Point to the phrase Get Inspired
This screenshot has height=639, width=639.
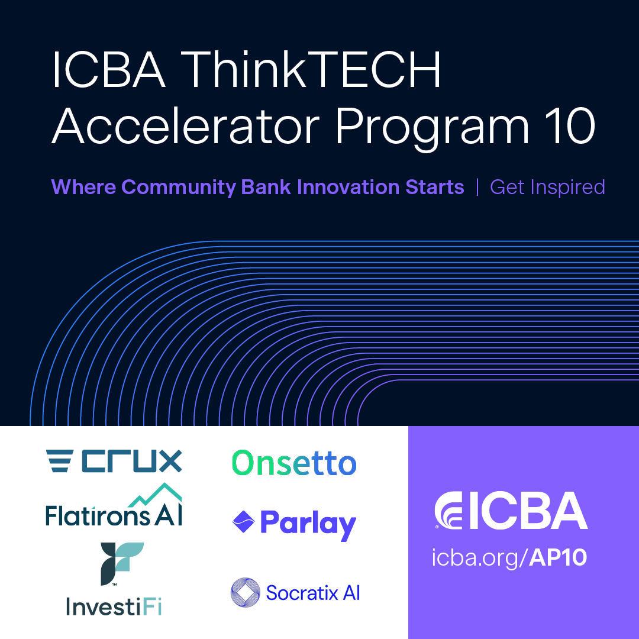[547, 187]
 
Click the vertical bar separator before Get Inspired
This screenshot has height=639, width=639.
[477, 187]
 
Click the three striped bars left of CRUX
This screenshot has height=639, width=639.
[60, 461]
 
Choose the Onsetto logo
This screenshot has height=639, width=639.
[294, 463]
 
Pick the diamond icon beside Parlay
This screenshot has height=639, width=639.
[243, 522]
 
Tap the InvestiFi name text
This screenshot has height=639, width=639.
[114, 607]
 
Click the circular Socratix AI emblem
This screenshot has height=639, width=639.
[245, 592]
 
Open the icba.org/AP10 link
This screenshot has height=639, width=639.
[509, 558]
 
